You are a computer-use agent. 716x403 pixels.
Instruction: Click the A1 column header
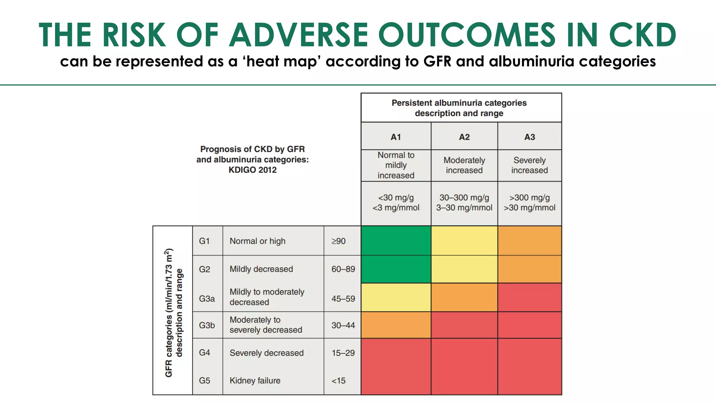click(396, 137)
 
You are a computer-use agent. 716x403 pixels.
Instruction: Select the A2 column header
click(464, 137)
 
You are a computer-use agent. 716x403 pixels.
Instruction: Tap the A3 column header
click(529, 137)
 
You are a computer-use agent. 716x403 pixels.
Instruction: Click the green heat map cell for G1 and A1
click(396, 241)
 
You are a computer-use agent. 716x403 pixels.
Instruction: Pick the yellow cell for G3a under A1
click(396, 297)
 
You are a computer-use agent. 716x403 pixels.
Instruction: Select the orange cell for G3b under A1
click(396, 325)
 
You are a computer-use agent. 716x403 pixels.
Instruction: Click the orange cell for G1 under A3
click(529, 241)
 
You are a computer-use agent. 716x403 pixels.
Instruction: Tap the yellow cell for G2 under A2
click(464, 269)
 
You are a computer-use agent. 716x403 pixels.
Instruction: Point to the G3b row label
click(207, 325)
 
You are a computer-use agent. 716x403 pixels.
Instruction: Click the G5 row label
click(205, 381)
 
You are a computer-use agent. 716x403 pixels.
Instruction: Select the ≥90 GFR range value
click(338, 241)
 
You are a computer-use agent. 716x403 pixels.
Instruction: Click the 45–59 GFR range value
click(343, 299)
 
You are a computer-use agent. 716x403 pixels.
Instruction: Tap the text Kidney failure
click(255, 381)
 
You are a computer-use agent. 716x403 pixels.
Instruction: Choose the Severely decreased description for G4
click(266, 353)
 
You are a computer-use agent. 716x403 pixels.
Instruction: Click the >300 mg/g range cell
click(529, 203)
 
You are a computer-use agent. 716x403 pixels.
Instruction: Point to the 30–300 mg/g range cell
click(464, 203)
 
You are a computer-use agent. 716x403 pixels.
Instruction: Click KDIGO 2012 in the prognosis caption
click(252, 170)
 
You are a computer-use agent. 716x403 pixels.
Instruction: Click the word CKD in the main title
click(643, 35)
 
